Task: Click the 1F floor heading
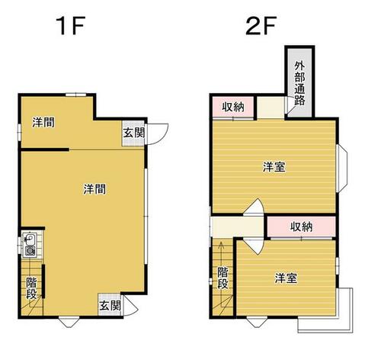[x=70, y=26]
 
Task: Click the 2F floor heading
[x=261, y=26]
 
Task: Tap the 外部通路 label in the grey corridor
[x=299, y=83]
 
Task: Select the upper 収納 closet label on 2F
[x=233, y=107]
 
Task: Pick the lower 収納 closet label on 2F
[x=302, y=227]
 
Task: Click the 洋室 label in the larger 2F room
[x=274, y=167]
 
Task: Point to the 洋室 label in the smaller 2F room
[x=286, y=278]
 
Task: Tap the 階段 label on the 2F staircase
[x=223, y=278]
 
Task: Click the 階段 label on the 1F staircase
[x=32, y=288]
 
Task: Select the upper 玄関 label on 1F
[x=134, y=133]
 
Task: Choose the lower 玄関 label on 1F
[x=110, y=306]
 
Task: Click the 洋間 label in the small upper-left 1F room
[x=43, y=122]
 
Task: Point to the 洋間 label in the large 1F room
[x=94, y=189]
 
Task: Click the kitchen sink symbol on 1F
[x=30, y=239]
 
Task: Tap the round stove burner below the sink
[x=30, y=251]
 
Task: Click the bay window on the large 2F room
[x=341, y=169]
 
